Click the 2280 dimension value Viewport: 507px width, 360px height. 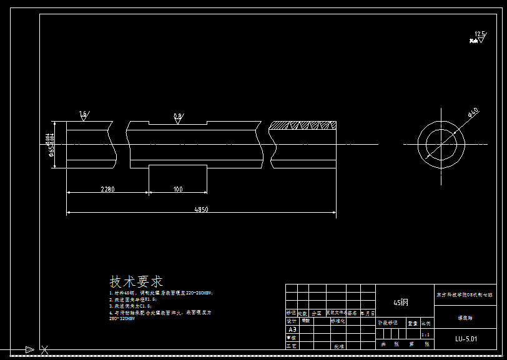tap(107, 188)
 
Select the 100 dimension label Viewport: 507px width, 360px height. tap(178, 188)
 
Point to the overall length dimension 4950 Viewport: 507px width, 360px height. tap(200, 210)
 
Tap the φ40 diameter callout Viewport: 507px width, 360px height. tap(473, 113)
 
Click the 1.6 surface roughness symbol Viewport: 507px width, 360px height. tap(84, 115)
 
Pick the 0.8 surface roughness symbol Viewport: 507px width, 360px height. tap(178, 117)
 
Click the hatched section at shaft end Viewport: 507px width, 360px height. tap(303, 125)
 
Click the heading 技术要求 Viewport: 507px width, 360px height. tap(136, 281)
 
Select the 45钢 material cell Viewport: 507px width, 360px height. tap(400, 302)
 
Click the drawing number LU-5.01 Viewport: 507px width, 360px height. tap(466, 339)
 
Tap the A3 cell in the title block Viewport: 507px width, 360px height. tap(292, 329)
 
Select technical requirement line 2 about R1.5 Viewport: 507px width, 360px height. tap(133, 299)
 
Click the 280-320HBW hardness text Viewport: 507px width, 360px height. tap(122, 318)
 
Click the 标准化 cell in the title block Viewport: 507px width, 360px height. tap(338, 321)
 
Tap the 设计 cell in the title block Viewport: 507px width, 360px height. tap(292, 321)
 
